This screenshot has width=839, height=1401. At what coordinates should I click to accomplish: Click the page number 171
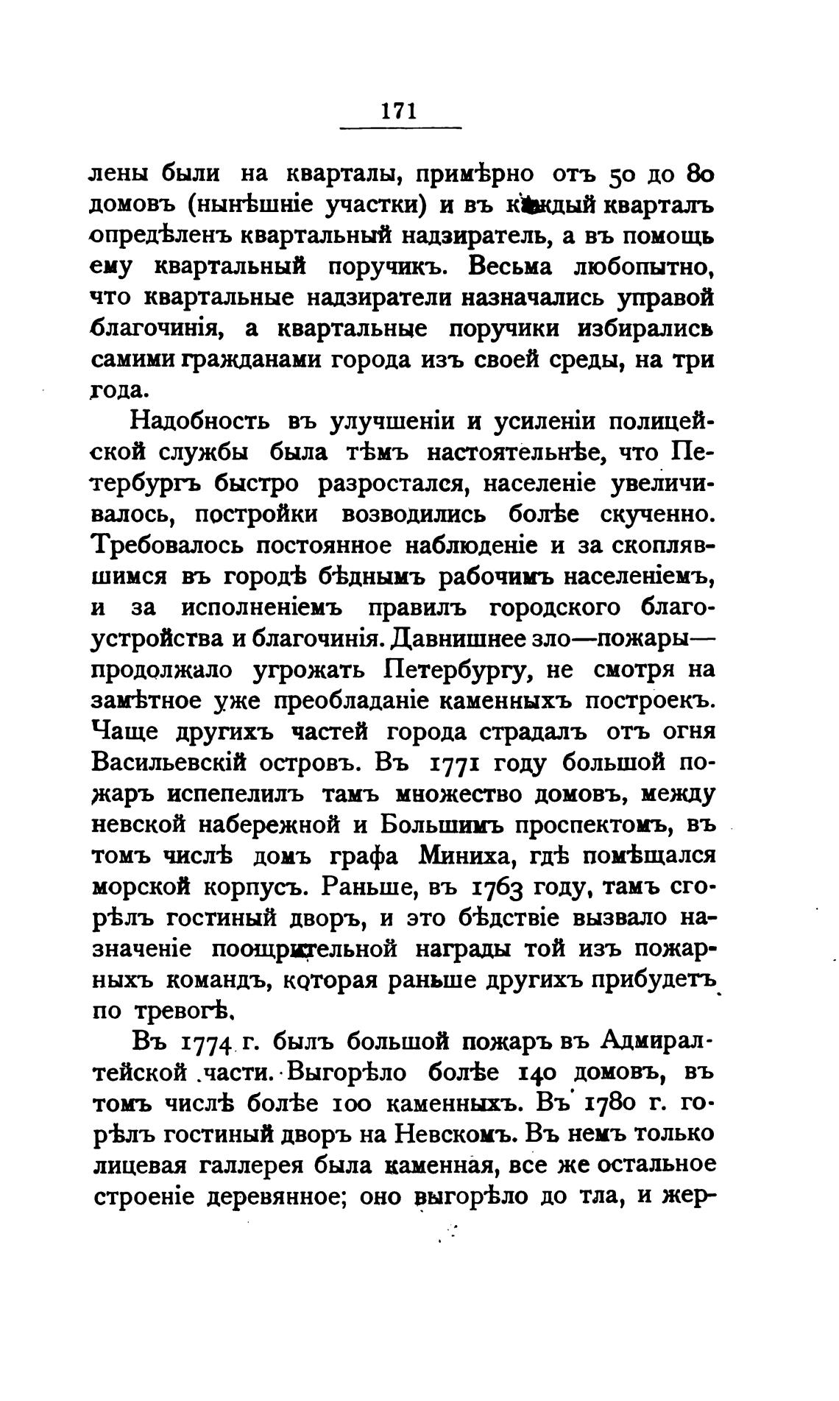pos(400,110)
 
